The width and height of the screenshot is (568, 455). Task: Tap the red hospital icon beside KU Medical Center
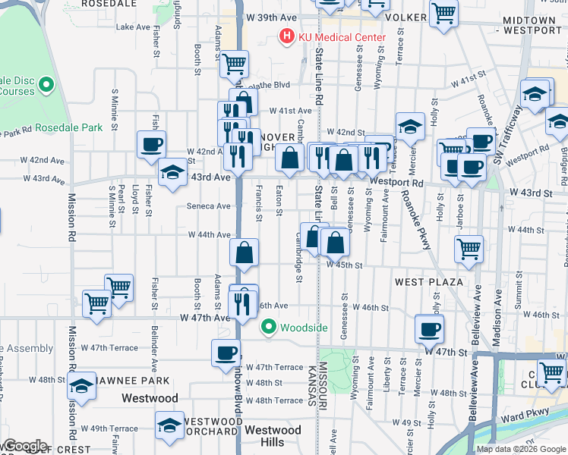click(x=287, y=36)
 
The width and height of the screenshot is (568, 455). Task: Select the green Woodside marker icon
click(x=268, y=328)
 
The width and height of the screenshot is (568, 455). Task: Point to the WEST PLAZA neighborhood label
click(x=428, y=282)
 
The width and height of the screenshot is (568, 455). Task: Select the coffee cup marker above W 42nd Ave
click(x=151, y=144)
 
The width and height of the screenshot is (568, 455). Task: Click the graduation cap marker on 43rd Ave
click(x=172, y=172)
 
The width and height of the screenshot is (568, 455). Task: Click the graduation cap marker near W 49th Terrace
click(x=169, y=425)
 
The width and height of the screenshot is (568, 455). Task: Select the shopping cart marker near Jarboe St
click(x=469, y=248)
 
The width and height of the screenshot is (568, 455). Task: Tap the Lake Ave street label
click(x=134, y=27)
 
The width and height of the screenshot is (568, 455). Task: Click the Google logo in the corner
click(x=24, y=446)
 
